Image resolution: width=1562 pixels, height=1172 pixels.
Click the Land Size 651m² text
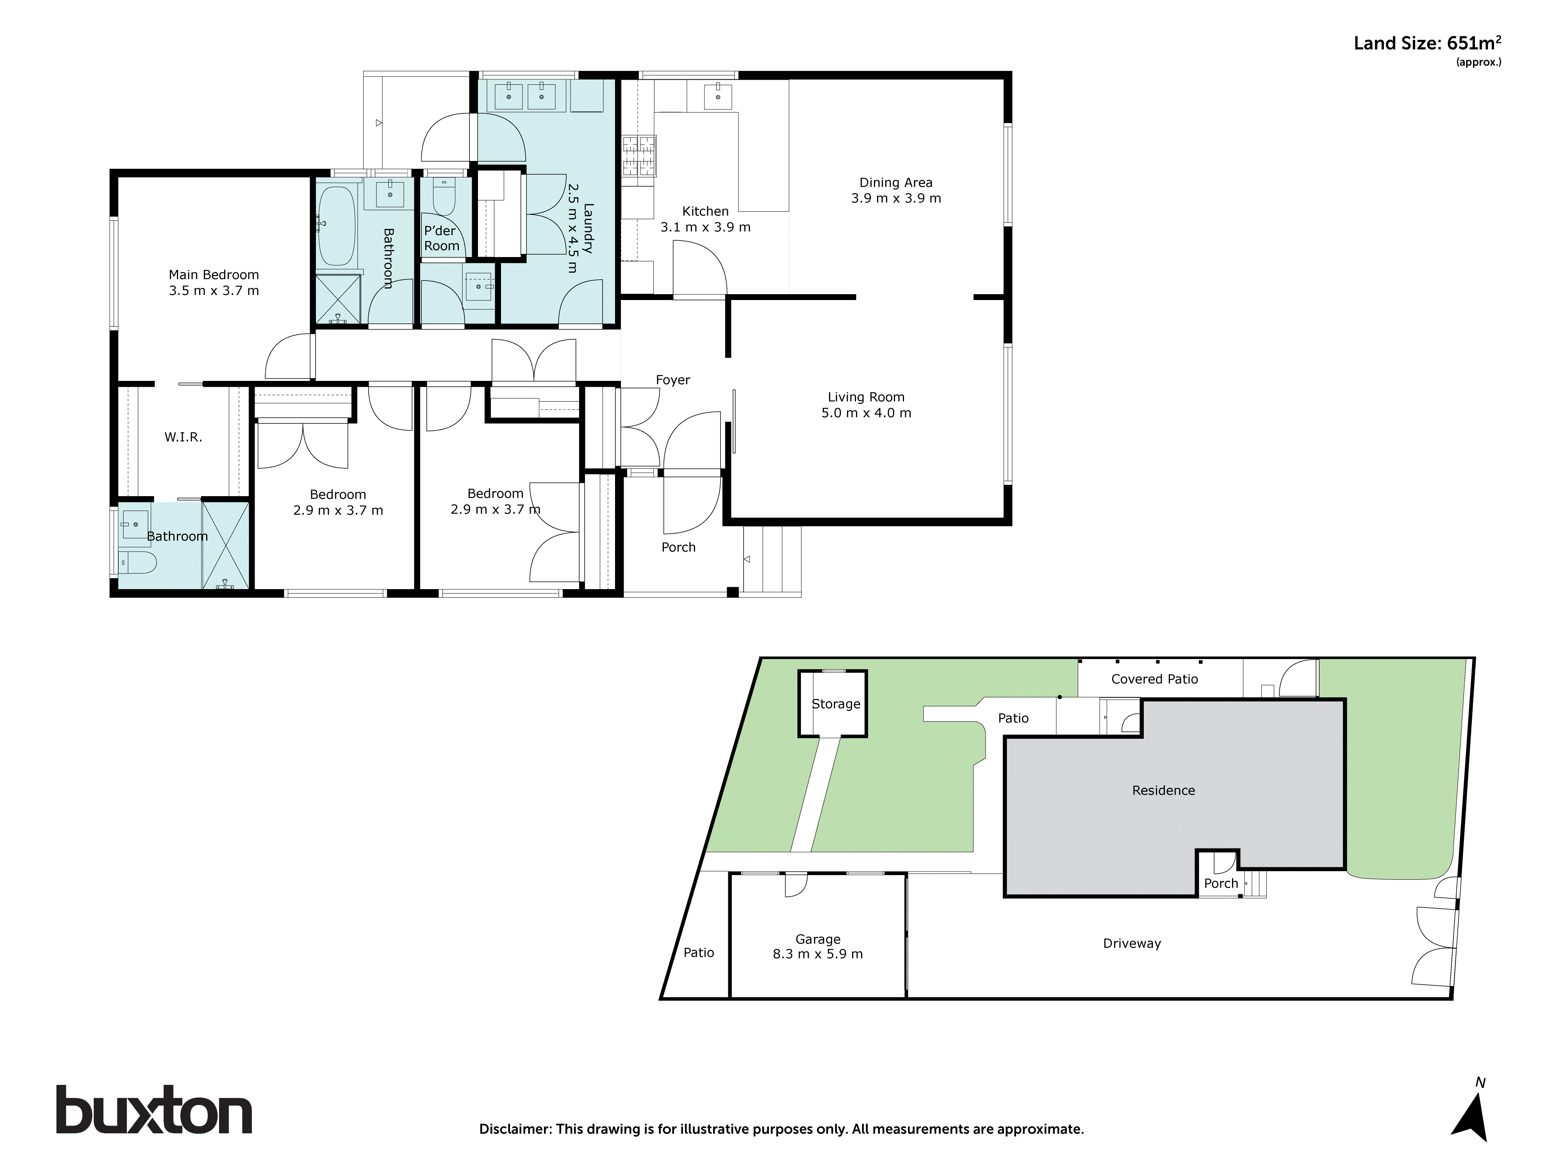[1426, 44]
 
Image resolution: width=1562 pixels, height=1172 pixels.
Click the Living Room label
[866, 397]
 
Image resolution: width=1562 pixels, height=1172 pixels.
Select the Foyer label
[672, 380]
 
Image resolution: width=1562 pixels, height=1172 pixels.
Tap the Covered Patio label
[1155, 679]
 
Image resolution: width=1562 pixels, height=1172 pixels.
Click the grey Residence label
[1163, 791]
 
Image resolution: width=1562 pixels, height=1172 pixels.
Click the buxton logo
[154, 1111]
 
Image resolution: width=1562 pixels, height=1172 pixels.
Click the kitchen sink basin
[718, 94]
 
